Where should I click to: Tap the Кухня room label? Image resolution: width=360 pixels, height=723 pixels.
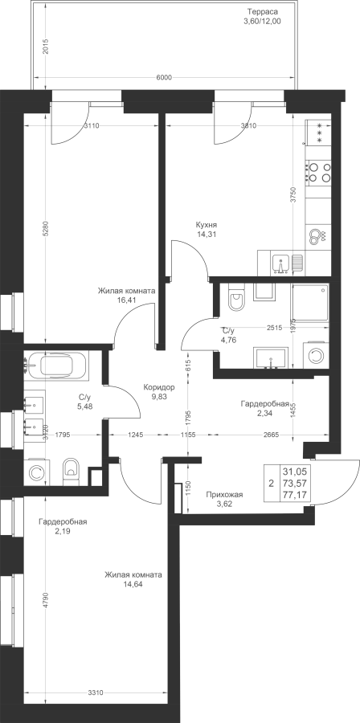[206, 225]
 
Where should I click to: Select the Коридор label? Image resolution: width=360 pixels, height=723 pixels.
[158, 388]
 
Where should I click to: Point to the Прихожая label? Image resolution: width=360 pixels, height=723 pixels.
[224, 495]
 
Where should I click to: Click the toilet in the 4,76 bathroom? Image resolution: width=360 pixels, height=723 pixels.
[236, 297]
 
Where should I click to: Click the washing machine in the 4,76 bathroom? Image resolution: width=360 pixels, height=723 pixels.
[317, 355]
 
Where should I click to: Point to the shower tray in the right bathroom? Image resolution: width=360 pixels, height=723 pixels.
[310, 303]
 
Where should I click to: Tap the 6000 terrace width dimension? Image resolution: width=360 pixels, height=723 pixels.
[164, 77]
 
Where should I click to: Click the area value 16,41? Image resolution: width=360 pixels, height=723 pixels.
[127, 300]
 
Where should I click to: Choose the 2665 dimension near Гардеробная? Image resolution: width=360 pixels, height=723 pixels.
[272, 434]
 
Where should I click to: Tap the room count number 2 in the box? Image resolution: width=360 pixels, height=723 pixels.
[271, 484]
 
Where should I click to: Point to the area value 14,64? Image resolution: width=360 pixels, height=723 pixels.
[133, 583]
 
